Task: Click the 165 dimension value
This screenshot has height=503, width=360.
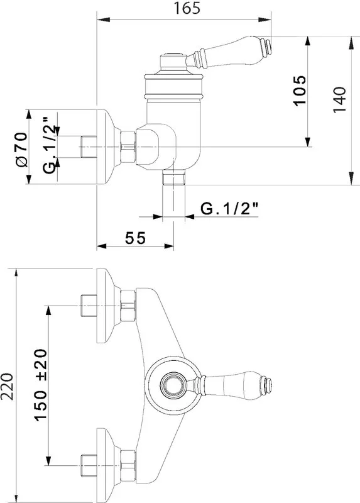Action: point(187,8)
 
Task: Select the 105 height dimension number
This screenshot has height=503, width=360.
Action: point(300,91)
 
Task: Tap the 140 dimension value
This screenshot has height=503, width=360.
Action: point(339,99)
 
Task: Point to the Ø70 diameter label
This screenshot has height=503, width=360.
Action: point(22,150)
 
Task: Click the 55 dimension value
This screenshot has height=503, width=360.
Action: point(135,238)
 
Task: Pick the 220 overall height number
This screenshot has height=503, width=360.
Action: point(7,386)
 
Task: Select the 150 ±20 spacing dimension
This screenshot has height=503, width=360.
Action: point(41,385)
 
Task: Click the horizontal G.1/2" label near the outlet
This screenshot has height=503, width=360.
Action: point(229,209)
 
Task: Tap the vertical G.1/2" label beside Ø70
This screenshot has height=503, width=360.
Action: point(50,146)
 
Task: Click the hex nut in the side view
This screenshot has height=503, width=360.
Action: point(128,147)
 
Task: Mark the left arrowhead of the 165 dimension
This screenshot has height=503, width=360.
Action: point(103,20)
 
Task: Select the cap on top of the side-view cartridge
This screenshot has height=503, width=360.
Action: point(173,61)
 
